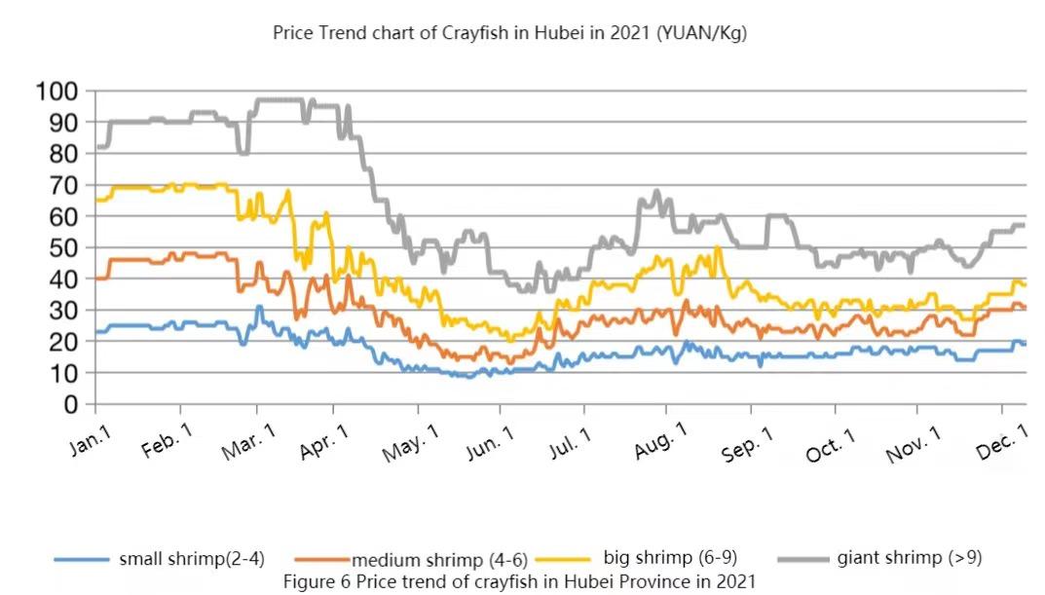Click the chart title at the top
coord(509,33)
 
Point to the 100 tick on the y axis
coord(56,93)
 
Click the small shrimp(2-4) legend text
coord(192,560)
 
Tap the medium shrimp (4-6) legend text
coord(439,561)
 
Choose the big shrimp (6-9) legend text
coord(670,558)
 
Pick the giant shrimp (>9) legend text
coord(910,558)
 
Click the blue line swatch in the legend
coord(80,560)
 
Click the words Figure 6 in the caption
coord(317,581)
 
